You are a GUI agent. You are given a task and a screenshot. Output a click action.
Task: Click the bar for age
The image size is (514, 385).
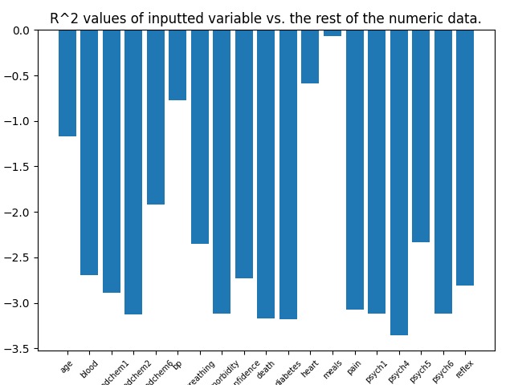pos(67,83)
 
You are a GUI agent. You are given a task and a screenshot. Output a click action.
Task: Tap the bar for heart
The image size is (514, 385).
pos(310,57)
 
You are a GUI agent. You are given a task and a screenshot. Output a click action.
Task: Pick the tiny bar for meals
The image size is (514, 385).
pos(332,33)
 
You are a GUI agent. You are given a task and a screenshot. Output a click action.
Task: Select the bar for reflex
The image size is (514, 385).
pos(465,158)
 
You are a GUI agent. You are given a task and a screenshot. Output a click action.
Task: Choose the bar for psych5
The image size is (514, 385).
pos(421,136)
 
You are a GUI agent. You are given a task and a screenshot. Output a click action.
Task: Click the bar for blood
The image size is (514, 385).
pos(89,153)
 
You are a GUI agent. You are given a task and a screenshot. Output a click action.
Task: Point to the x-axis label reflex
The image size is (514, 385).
pos(464,371)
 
